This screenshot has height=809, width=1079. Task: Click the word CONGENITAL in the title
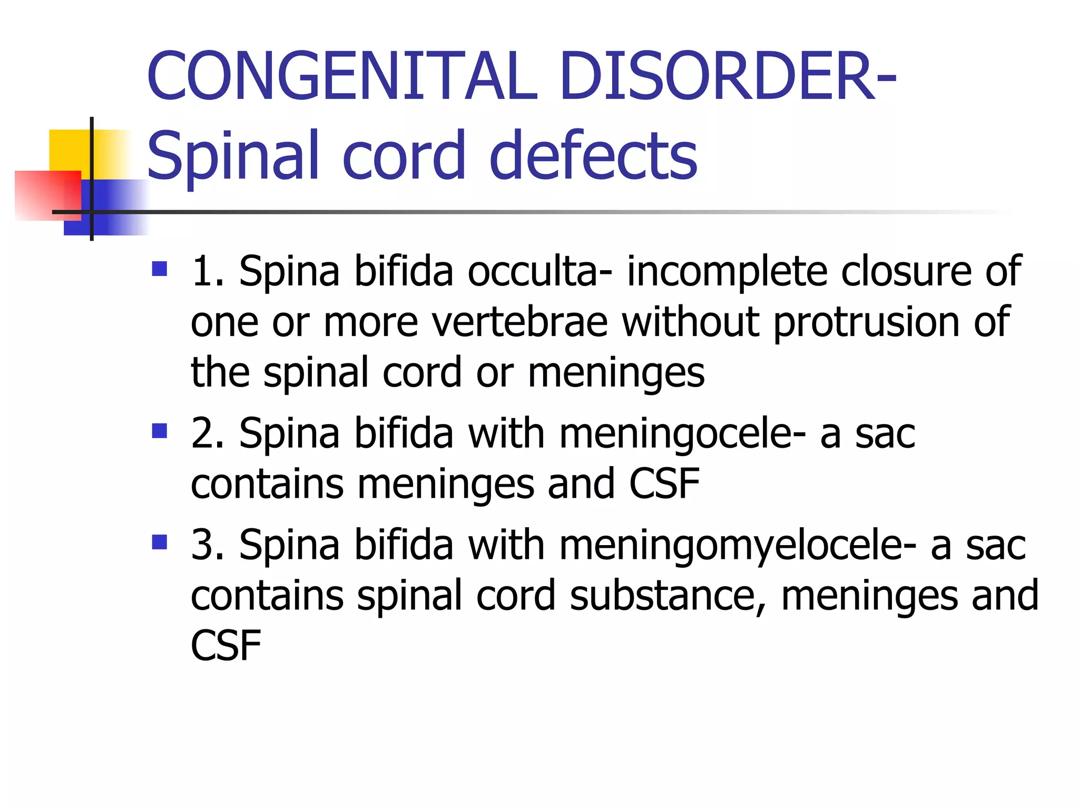[342, 76]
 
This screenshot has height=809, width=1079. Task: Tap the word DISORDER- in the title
[727, 76]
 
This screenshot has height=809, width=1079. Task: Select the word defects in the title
[593, 156]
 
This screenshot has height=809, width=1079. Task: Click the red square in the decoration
[47, 195]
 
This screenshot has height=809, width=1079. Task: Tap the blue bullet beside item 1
[159, 269]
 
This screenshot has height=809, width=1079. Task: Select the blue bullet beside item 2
[159, 431]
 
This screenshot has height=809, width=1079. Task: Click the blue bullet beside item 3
[159, 542]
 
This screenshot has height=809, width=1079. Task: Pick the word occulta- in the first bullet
[540, 271]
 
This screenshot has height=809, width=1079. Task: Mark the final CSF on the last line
[225, 646]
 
